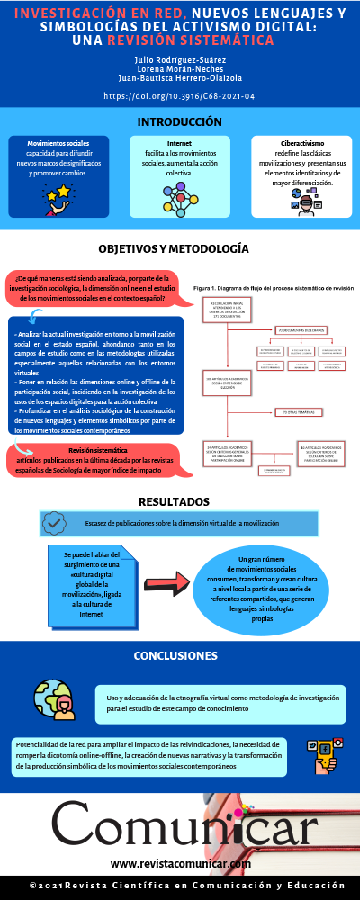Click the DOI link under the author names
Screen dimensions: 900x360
(180, 95)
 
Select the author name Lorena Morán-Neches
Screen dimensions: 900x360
(180, 68)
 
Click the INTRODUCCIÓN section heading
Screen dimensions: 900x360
(180, 121)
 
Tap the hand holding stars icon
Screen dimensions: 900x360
(58, 197)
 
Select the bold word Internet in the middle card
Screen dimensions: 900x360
(179, 143)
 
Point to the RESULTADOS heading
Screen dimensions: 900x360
(180, 501)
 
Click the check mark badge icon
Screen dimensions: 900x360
(54, 522)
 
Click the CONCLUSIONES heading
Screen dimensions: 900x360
(180, 655)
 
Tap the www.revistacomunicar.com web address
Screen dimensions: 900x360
(180, 864)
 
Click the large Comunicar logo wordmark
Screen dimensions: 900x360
(180, 826)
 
